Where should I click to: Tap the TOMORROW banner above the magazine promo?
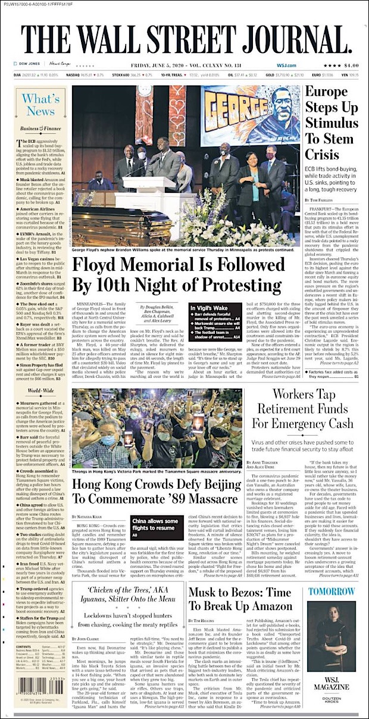(x=332, y=592)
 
